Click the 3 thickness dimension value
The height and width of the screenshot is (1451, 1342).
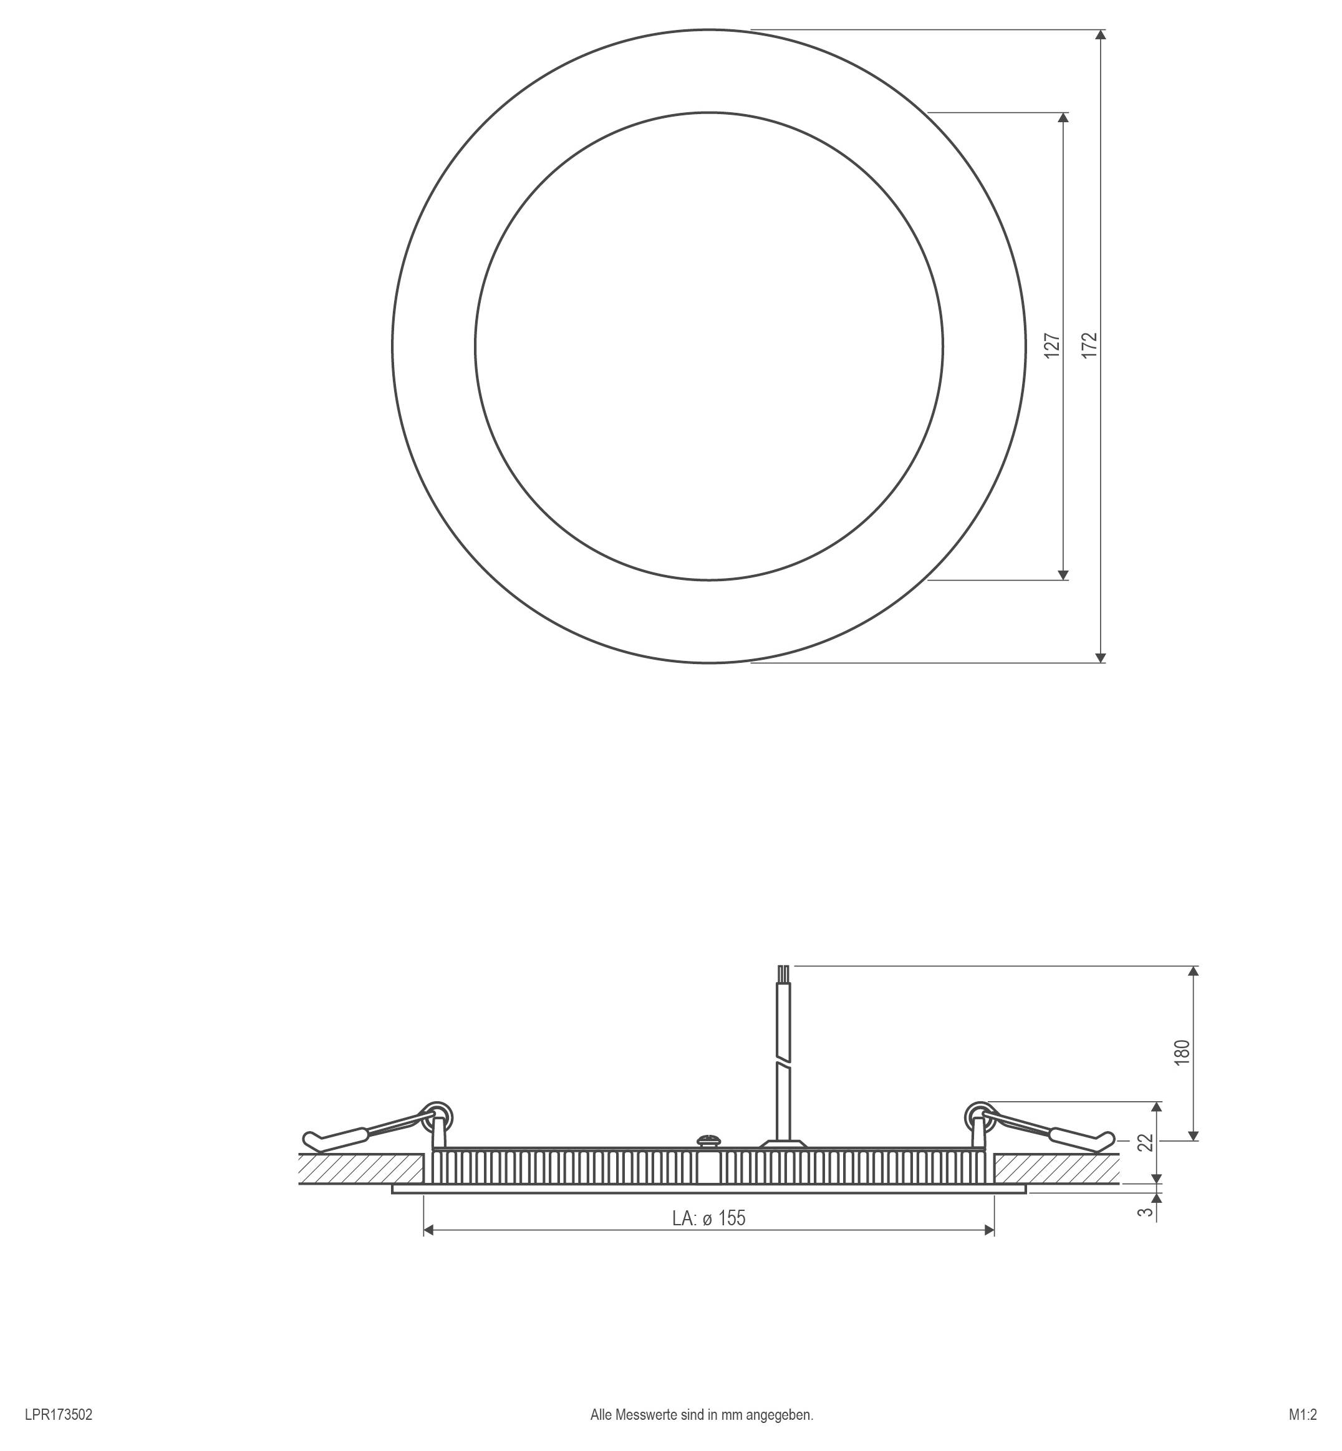click(x=1146, y=1212)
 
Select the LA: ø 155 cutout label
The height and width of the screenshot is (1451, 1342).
click(x=709, y=1218)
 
